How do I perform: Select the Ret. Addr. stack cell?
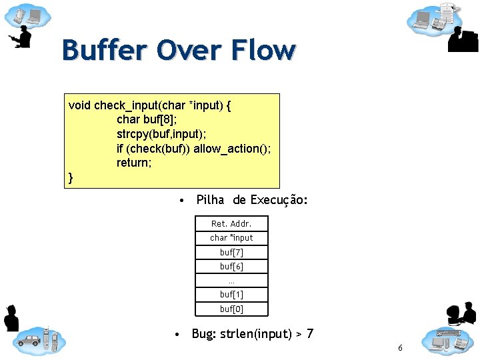pyautogui.click(x=231, y=224)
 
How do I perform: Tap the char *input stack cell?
pyautogui.click(x=231, y=238)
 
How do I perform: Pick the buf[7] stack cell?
pyautogui.click(x=231, y=252)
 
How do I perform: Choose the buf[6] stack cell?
pyautogui.click(x=231, y=266)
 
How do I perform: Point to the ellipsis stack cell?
pyautogui.click(x=231, y=280)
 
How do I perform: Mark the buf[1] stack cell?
pyautogui.click(x=231, y=294)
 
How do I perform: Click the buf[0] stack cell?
pyautogui.click(x=231, y=309)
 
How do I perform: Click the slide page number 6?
pyautogui.click(x=400, y=348)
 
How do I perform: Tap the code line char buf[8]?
pyautogui.click(x=147, y=119)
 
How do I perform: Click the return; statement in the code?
pyautogui.click(x=134, y=162)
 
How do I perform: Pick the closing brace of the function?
pyautogui.click(x=71, y=177)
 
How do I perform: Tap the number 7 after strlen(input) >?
pyautogui.click(x=309, y=333)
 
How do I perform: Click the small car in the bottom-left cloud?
pyautogui.click(x=29, y=341)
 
